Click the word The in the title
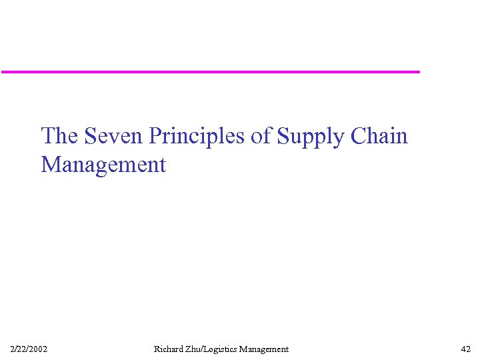tap(59, 136)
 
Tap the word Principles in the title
tap(198, 136)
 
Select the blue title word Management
tap(103, 164)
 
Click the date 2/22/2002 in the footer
tap(29, 349)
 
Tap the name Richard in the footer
tap(167, 349)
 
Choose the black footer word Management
tap(264, 349)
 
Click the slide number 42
tap(466, 349)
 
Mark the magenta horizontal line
tap(210, 71)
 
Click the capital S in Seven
tap(90, 136)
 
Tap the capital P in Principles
tap(155, 136)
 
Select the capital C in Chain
tap(357, 136)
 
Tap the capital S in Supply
tap(283, 136)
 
